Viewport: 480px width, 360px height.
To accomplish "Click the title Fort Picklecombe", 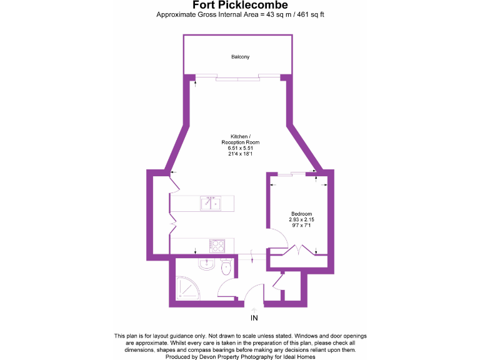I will pos(239,6).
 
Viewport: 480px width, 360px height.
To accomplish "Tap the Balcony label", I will pos(240,57).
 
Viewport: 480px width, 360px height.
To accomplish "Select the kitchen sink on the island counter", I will pos(210,203).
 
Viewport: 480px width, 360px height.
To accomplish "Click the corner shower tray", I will pos(186,287).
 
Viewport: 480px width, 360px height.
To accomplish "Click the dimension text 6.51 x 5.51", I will pos(240,147).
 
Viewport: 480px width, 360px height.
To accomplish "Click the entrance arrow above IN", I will pos(254,309).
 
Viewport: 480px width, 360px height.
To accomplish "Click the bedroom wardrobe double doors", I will pos(299,251).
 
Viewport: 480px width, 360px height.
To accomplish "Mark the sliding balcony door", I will pos(237,79).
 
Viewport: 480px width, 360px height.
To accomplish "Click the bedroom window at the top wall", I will pos(292,174).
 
